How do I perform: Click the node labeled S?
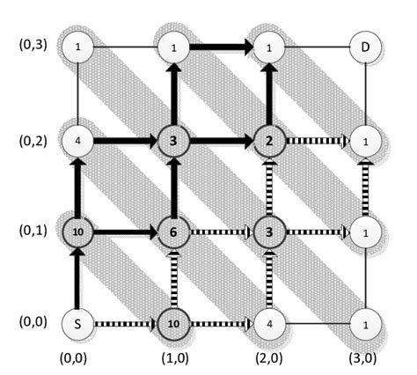pos(78,323)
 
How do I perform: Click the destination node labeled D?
pos(365,47)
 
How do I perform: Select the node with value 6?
pos(172,232)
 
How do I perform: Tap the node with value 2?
pos(268,140)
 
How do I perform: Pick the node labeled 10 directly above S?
pos(78,232)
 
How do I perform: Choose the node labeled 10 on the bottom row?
pos(172,323)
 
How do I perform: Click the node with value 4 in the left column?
pos(78,140)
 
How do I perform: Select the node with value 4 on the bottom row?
pos(268,323)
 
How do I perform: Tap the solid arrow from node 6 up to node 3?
pos(172,187)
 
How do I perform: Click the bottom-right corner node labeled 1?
pos(365,323)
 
